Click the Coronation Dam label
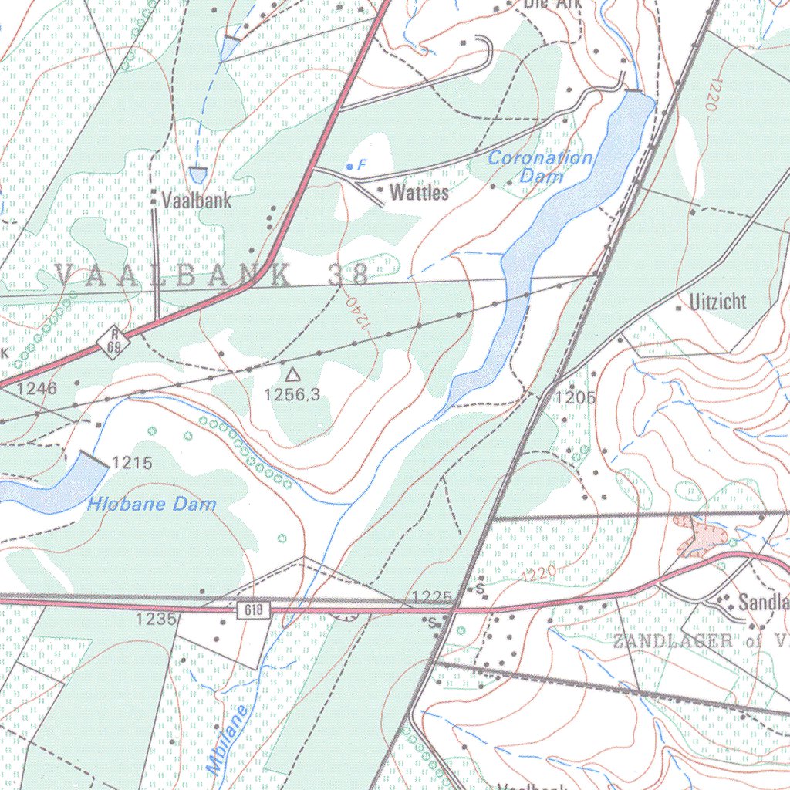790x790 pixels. click(x=541, y=167)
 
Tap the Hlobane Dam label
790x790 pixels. click(x=151, y=505)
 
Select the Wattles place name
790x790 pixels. click(x=419, y=192)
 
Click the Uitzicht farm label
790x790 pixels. click(x=718, y=302)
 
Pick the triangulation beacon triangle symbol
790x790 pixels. click(x=292, y=375)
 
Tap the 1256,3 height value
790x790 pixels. click(x=292, y=396)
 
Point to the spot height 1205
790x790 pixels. click(x=576, y=398)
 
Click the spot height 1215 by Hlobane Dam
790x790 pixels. click(x=132, y=464)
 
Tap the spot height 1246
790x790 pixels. click(x=37, y=389)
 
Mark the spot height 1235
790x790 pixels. click(x=157, y=619)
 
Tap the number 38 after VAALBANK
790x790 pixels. click(x=348, y=274)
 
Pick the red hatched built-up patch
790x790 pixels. click(x=697, y=537)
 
